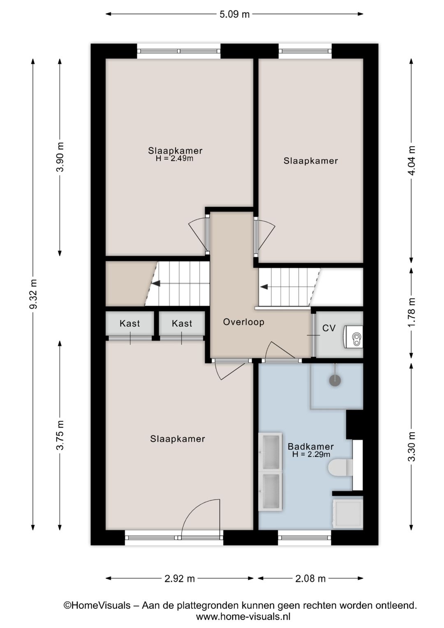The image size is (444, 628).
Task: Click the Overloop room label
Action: (243, 322)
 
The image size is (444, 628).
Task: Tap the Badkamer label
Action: (311, 447)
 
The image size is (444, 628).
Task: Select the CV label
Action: (329, 328)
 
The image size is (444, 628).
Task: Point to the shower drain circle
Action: (335, 380)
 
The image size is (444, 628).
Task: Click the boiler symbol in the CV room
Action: (353, 337)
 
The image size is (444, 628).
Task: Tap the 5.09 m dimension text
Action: (234, 14)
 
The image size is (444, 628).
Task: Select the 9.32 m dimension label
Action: (33, 294)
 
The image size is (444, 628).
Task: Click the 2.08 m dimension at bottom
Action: (310, 578)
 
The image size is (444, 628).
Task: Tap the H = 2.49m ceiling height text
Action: (175, 158)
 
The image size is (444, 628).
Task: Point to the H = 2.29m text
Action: (311, 454)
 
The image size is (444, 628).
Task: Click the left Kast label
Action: (129, 323)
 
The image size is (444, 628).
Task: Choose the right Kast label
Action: (182, 323)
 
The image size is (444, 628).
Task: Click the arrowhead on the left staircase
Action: (156, 284)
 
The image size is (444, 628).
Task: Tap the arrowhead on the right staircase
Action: (264, 287)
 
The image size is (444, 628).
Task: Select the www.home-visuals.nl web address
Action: (243, 616)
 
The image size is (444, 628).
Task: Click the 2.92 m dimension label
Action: (180, 578)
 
